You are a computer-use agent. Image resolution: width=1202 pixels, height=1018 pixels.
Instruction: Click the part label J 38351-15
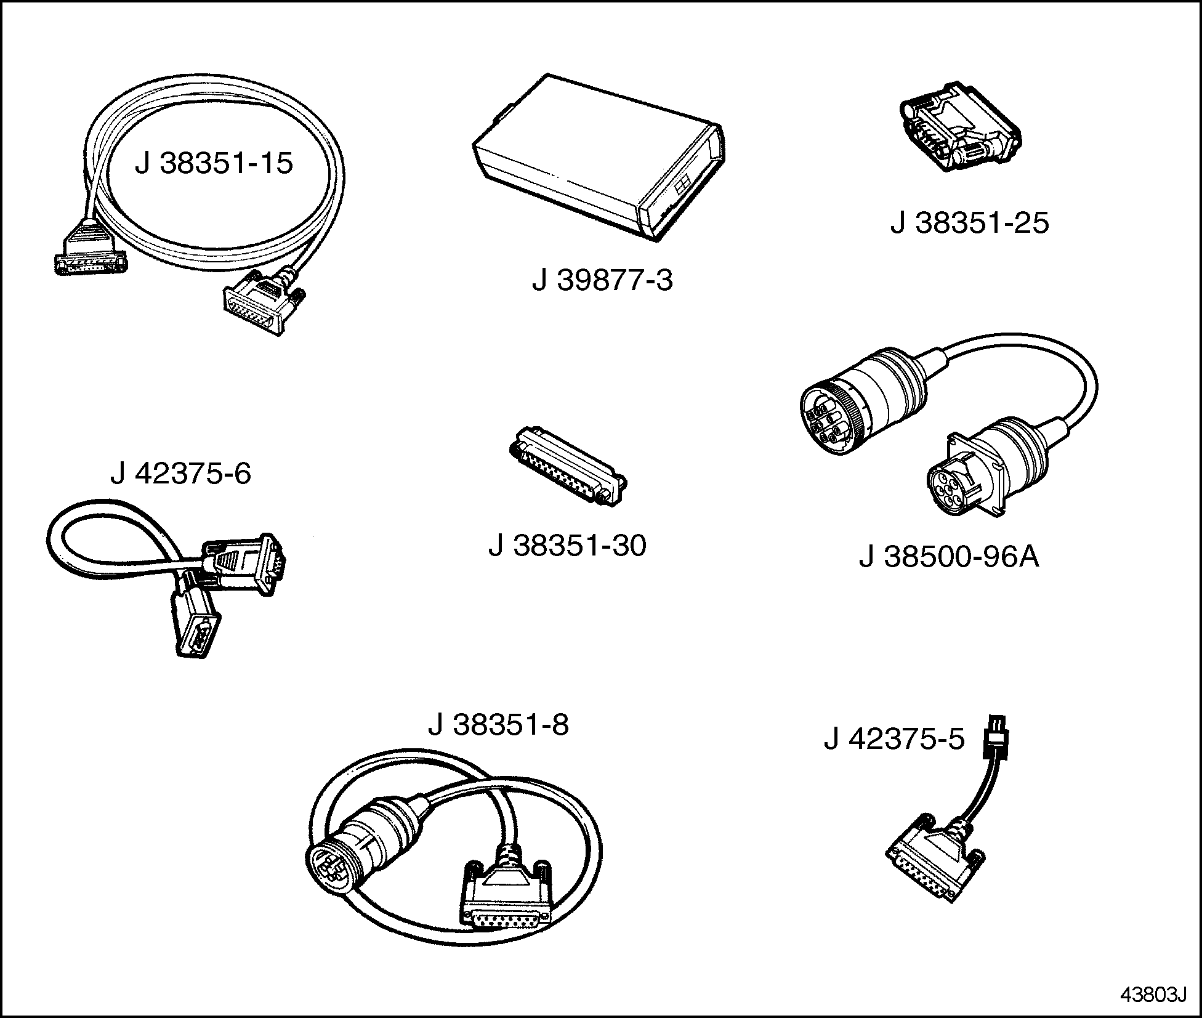(214, 164)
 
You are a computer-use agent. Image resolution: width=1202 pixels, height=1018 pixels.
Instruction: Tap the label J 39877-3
(602, 281)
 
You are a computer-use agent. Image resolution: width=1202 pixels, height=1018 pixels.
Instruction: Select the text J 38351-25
(969, 223)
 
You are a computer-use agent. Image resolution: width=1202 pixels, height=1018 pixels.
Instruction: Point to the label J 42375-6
(180, 474)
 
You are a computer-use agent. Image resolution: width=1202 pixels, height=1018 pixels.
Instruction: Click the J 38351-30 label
(567, 546)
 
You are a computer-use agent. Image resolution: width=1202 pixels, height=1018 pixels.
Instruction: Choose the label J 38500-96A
(949, 557)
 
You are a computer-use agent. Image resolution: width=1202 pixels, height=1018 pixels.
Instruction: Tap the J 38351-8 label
(498, 725)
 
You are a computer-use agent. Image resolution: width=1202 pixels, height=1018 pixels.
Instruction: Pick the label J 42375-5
(894, 739)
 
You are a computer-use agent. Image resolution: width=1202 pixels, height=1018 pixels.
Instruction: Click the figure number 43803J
(1152, 995)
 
